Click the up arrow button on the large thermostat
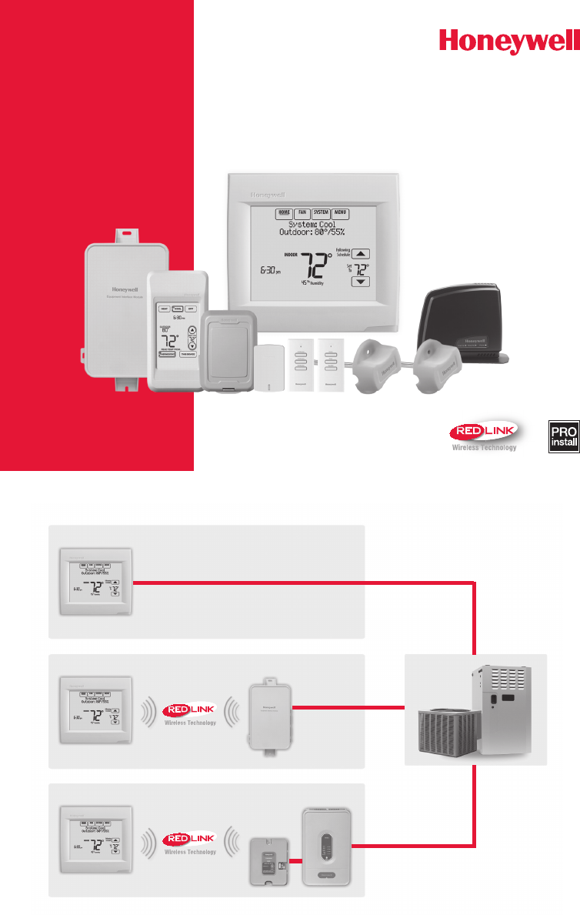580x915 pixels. click(x=361, y=253)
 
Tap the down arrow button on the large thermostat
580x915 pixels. click(x=361, y=282)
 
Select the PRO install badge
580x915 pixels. click(x=563, y=436)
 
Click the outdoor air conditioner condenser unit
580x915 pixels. click(x=445, y=734)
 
